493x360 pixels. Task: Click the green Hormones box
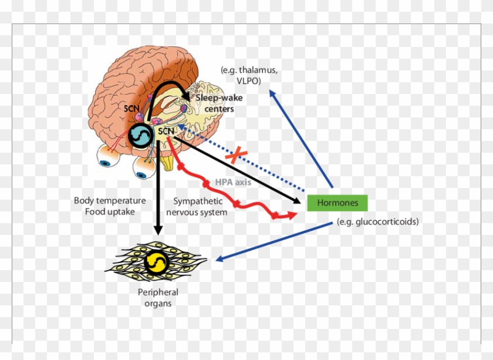pos(337,203)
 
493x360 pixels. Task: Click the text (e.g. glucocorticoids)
pos(377,222)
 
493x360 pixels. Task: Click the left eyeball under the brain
pos(107,156)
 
